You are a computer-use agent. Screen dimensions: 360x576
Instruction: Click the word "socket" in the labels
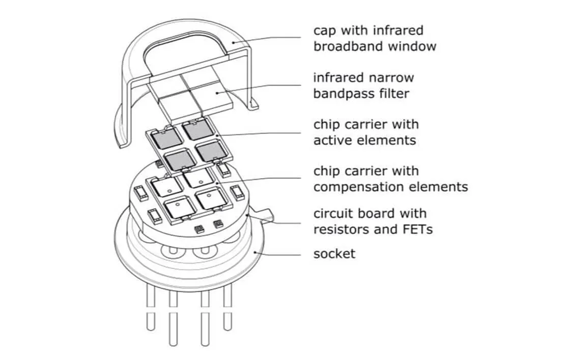334,253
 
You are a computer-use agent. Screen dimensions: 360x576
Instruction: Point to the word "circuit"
334,213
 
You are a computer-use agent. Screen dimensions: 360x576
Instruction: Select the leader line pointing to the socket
280,252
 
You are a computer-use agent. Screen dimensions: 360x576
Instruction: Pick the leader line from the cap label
270,39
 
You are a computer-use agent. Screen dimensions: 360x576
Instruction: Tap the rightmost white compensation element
211,199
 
